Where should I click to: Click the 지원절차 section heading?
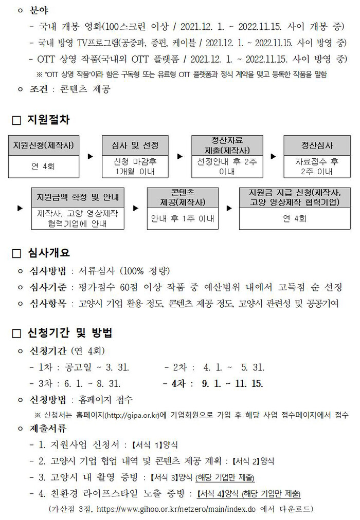[48, 119]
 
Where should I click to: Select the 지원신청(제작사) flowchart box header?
[44, 145]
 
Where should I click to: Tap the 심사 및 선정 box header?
[135, 145]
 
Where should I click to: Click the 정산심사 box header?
[317, 145]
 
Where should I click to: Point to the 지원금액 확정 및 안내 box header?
[78, 198]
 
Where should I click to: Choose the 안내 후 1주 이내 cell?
[183, 218]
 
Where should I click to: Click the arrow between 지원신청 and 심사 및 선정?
[90, 156]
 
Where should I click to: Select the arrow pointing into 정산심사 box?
[273, 156]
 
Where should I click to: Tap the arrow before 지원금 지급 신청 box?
[229, 208]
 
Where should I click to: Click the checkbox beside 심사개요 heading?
[16, 254]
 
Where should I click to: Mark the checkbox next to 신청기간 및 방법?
[16, 333]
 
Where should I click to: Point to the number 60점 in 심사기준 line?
[129, 287]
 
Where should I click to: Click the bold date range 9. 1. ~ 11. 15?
[232, 384]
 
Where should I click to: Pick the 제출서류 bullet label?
[48, 429]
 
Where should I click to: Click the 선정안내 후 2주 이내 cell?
[227, 166]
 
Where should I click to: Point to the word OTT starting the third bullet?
[46, 59]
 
